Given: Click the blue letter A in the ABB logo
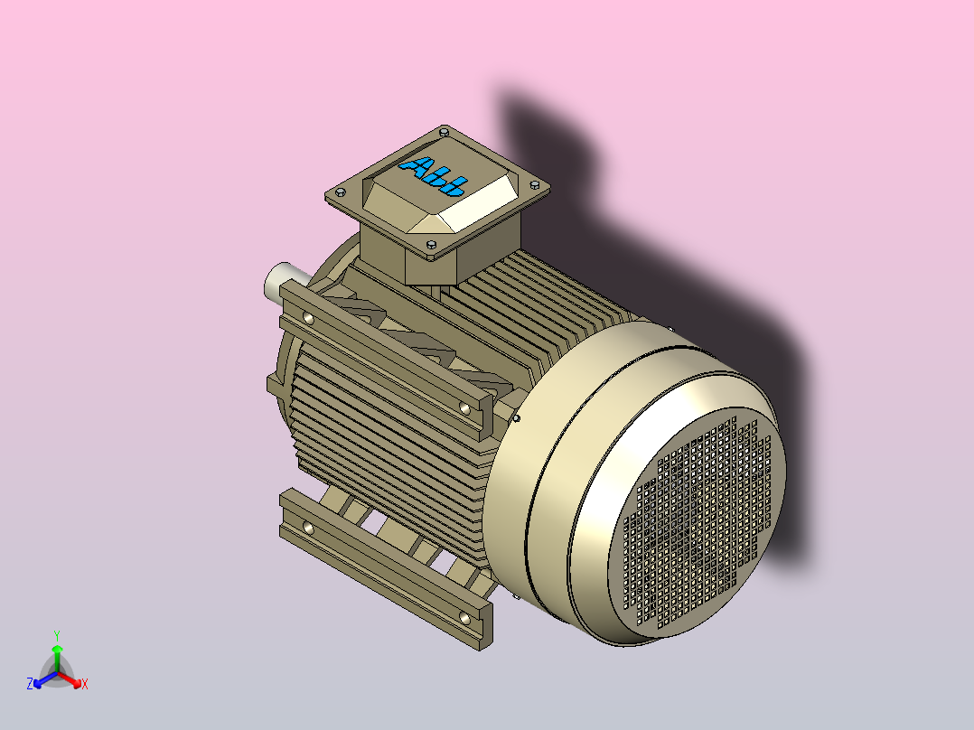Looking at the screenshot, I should point(420,166).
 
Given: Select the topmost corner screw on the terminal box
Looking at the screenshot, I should point(444,131).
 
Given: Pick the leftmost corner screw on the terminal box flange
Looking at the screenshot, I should point(340,192).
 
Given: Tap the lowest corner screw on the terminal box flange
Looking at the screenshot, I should point(431,245).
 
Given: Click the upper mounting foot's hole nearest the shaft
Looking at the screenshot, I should point(310,318).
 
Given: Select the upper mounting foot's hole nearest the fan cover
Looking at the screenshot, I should point(464,408).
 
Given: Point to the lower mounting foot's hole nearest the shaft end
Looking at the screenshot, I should point(309,526).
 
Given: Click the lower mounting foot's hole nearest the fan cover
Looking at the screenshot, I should point(464,617).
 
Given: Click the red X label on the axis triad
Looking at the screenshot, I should point(85,685).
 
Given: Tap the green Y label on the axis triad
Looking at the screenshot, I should point(57,635).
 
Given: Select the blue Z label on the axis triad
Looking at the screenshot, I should point(30,685).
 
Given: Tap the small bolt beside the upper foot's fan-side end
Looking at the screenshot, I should point(516,418).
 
